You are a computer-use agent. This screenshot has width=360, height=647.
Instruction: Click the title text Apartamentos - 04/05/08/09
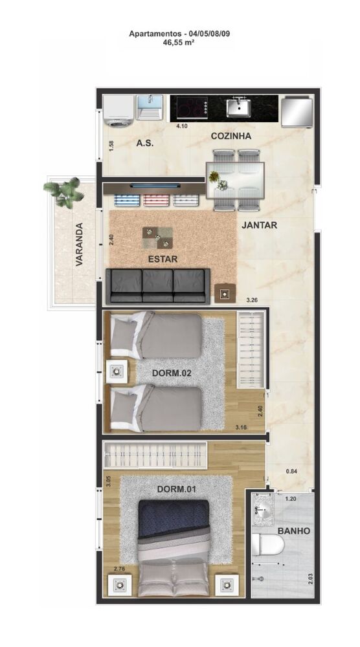pos(179,33)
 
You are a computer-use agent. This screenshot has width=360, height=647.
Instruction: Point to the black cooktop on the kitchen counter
pos(188,107)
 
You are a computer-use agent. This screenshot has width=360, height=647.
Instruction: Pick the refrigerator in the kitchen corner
pos(296,110)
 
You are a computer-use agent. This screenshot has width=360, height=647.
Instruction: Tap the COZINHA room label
pos(231,137)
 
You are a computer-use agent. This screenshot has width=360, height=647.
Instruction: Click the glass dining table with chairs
pos(235,180)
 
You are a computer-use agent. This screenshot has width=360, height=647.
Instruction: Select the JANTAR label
pos(260,226)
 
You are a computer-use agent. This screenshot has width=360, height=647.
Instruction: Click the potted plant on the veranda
pos(65,192)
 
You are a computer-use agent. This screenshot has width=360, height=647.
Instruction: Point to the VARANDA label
pos(79,245)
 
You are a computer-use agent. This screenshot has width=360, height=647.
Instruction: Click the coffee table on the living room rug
pos(158,237)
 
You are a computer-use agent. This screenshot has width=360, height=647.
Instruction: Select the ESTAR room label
pos(163,259)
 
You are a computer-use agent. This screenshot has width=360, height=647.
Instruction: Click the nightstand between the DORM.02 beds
pos(117,372)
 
